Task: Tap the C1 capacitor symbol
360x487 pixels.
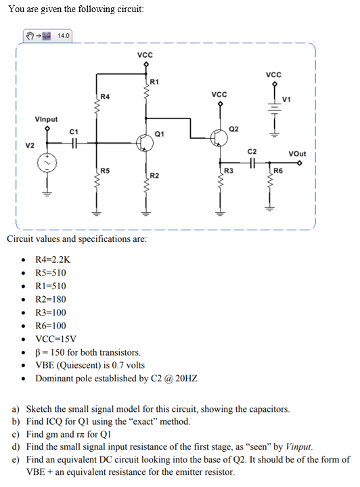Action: [74, 142]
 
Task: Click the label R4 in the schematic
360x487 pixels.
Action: [104, 97]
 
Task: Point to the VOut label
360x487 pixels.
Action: [297, 154]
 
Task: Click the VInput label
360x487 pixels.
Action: [46, 119]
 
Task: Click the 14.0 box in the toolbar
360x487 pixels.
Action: [64, 35]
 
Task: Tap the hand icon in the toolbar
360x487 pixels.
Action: [30, 35]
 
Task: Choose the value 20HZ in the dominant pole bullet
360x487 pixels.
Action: [185, 379]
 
